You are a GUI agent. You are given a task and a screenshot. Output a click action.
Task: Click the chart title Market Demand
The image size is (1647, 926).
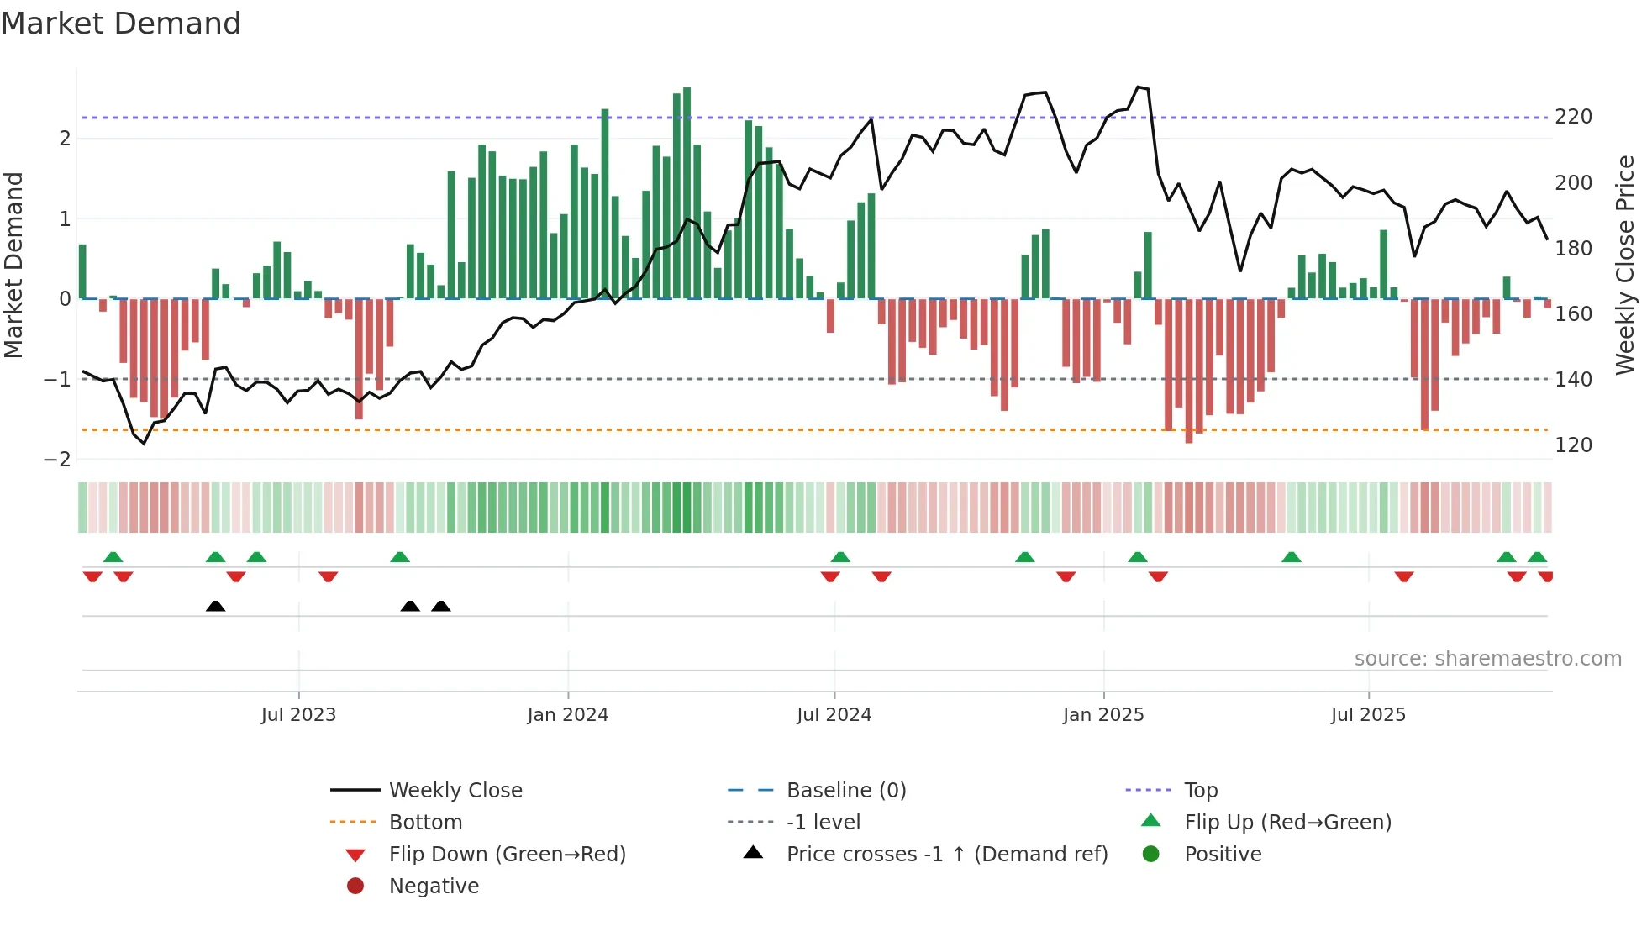pyautogui.click(x=121, y=24)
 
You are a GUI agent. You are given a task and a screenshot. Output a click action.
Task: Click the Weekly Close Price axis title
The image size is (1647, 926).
pyautogui.click(x=1625, y=264)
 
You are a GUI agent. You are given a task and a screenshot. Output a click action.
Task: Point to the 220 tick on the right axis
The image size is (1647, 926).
pyautogui.click(x=1573, y=117)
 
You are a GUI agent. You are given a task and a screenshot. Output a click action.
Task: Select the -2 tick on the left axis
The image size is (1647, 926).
pyautogui.click(x=58, y=459)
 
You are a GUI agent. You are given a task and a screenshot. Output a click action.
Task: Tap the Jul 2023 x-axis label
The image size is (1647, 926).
pyautogui.click(x=298, y=715)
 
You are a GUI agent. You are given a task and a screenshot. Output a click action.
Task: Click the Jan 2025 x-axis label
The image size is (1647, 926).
pyautogui.click(x=1102, y=715)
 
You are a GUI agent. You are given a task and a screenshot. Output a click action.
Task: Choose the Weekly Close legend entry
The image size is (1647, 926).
pyautogui.click(x=455, y=791)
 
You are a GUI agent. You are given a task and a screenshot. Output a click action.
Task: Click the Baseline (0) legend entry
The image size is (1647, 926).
pyautogui.click(x=845, y=791)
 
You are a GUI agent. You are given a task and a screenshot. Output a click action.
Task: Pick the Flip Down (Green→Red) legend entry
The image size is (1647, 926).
pyautogui.click(x=507, y=855)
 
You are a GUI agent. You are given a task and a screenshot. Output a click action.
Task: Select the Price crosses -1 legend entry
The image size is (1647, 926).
pyautogui.click(x=946, y=855)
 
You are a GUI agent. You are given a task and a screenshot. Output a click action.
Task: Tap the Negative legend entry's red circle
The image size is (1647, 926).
pyautogui.click(x=355, y=887)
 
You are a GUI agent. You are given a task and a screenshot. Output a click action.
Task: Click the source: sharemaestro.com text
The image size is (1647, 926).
pyautogui.click(x=1487, y=659)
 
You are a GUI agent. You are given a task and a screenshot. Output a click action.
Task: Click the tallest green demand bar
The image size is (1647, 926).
pyautogui.click(x=687, y=193)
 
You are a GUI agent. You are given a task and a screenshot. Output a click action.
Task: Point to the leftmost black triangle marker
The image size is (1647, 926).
pyautogui.click(x=215, y=606)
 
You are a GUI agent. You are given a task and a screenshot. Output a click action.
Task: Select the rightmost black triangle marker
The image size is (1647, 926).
pyautogui.click(x=441, y=606)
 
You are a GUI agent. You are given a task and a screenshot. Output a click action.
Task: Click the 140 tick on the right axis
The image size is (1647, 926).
pyautogui.click(x=1573, y=379)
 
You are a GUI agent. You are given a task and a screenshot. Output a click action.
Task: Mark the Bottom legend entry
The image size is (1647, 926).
pyautogui.click(x=425, y=823)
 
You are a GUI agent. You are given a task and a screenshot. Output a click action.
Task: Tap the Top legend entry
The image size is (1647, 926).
pyautogui.click(x=1200, y=791)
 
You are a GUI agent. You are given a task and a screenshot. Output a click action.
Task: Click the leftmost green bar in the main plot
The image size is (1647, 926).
pyautogui.click(x=82, y=271)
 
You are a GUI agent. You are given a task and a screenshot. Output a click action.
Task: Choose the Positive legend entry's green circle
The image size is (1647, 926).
pyautogui.click(x=1151, y=855)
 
